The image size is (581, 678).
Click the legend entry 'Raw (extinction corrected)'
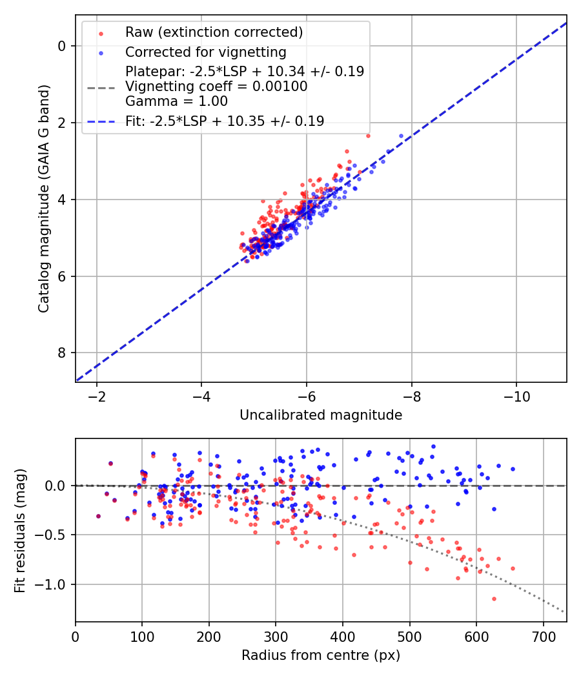coord(214,32)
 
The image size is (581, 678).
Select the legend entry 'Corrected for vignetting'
coord(205,52)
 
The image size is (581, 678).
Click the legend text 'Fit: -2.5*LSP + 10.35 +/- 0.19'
coord(225,120)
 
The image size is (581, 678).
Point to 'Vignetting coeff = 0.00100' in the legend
coord(216,86)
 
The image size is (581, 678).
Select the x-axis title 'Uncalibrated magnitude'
coord(321,415)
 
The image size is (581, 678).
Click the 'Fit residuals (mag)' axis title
coord(20,530)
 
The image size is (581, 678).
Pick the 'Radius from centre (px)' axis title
coord(321,655)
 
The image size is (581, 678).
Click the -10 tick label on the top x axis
coord(516,396)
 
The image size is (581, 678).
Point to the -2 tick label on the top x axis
coord(97,396)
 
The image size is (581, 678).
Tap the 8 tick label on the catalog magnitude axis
coord(62,353)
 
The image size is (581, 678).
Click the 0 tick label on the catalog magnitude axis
coord(62,46)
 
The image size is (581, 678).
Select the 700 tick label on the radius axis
coord(543,636)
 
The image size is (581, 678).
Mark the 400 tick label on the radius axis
coord(343,636)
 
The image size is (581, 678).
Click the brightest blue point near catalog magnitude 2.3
coord(401,136)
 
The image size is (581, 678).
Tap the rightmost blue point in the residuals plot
coord(513,469)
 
